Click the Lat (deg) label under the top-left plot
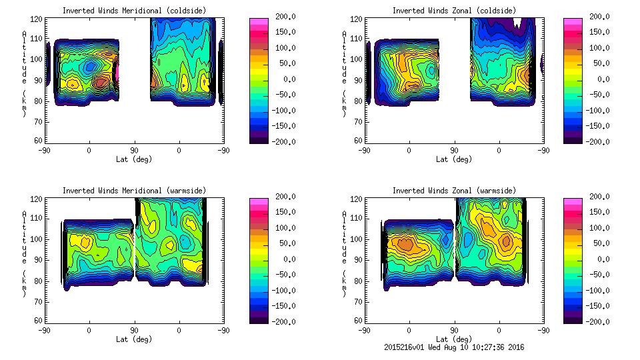[x=133, y=159]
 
